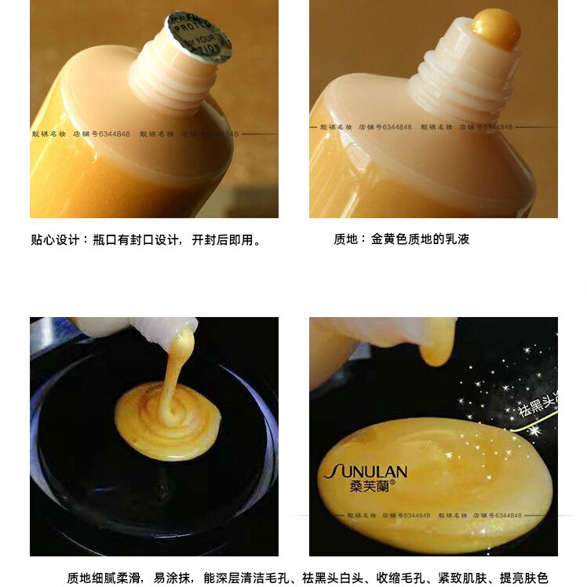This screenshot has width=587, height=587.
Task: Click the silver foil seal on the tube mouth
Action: coord(199,37)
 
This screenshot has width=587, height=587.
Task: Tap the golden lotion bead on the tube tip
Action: coord(496,28)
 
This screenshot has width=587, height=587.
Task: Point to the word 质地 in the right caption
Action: coord(345,239)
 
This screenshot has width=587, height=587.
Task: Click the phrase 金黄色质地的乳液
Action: coord(420,239)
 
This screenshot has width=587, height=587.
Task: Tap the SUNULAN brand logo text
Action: coord(366,472)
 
